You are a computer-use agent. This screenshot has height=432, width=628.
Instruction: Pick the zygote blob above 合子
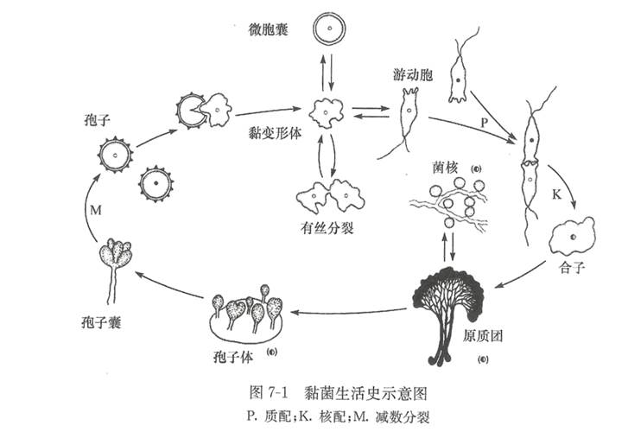point(572,235)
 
